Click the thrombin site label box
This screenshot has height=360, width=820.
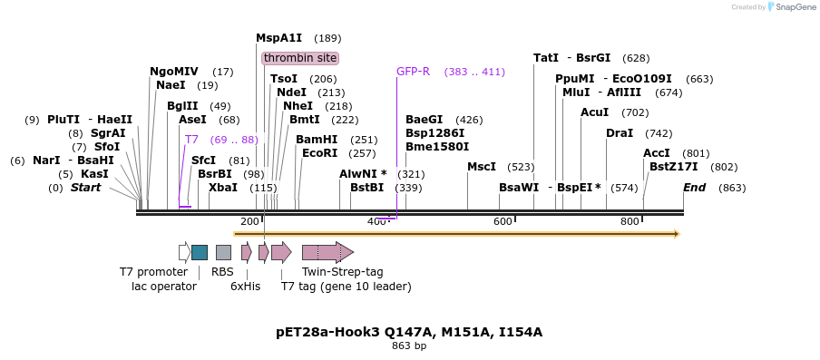tap(300, 58)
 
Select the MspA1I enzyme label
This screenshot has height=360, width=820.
tap(278, 38)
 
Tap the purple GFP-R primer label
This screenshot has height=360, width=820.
tap(413, 72)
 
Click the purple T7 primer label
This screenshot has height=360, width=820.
tap(191, 140)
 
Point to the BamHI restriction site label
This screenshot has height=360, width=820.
tap(316, 140)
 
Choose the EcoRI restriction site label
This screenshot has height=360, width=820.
tap(319, 153)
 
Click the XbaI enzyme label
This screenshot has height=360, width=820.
tap(222, 188)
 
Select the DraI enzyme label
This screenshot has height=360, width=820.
tap(620, 133)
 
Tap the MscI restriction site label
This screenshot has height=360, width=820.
tap(481, 167)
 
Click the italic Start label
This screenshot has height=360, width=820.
tap(86, 188)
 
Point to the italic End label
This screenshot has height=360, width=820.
tap(694, 188)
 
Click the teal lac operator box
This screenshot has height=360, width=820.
tap(200, 252)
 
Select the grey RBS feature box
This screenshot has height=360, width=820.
tap(223, 252)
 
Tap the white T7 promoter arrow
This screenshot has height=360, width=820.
tap(184, 252)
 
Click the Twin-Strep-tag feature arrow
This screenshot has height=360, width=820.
tap(327, 252)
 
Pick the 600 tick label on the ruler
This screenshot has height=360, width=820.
tap(502, 222)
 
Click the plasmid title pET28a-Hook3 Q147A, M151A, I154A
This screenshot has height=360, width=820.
tap(409, 332)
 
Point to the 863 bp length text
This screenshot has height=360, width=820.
tap(409, 345)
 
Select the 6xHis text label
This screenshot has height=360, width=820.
tap(245, 287)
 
